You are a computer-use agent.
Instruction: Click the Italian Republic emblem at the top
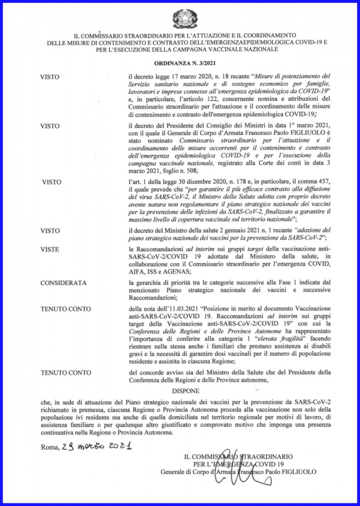coord(180,18)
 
